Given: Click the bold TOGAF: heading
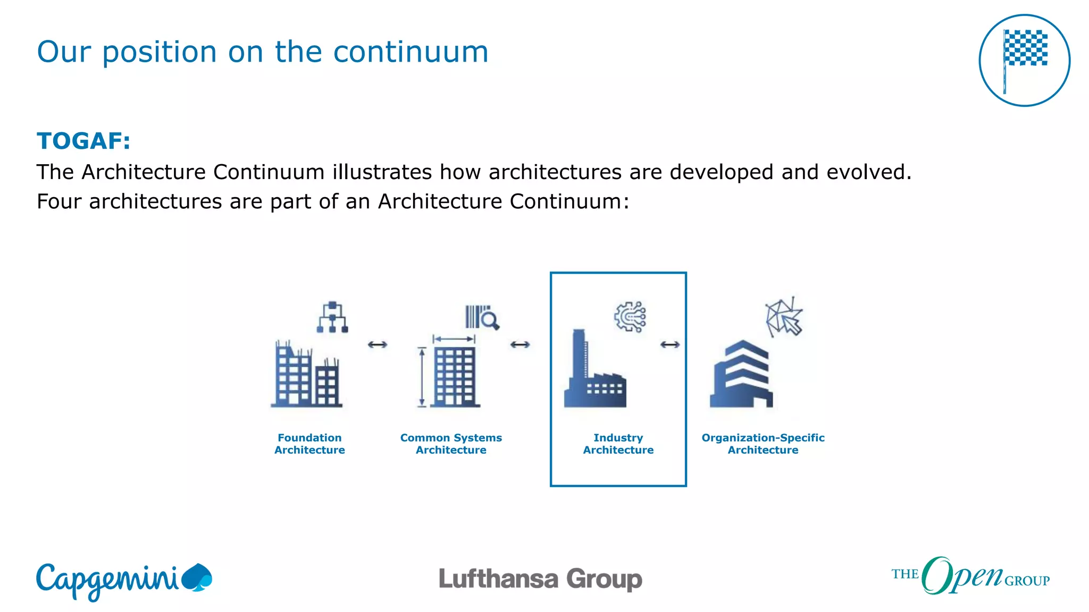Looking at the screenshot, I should [x=83, y=141].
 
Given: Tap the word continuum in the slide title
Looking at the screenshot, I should [x=411, y=52].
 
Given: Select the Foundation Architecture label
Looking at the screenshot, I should [x=309, y=444].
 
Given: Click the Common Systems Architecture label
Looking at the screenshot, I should [x=451, y=444].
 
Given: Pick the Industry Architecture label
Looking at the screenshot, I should [x=618, y=444].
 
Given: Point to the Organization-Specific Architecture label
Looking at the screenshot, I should [x=763, y=444].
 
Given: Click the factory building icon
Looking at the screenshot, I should [x=594, y=372].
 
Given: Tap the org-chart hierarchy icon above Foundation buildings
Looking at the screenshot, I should [x=332, y=317].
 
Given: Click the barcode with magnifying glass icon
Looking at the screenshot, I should [x=482, y=318].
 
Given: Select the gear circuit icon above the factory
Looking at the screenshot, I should [x=630, y=317].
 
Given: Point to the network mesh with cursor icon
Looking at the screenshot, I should [x=784, y=317].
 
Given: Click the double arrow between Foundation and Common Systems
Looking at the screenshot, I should [x=378, y=345].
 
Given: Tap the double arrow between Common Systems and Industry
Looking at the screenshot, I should [x=520, y=345].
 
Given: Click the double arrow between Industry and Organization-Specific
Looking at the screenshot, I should [x=670, y=345].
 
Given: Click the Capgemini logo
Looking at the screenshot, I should [x=123, y=580].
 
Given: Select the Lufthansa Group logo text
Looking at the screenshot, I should [x=540, y=579].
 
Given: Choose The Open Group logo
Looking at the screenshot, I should [x=970, y=576].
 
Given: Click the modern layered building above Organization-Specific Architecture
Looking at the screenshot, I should [x=741, y=375].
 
